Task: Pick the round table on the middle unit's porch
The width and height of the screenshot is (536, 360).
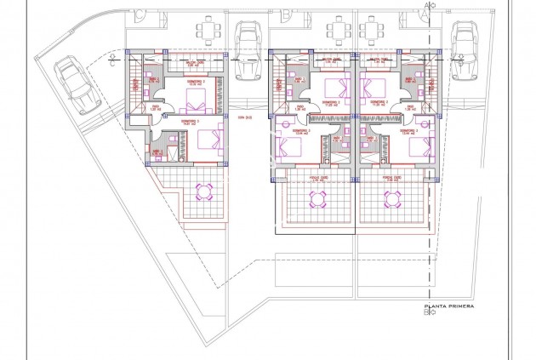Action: pos(317,199)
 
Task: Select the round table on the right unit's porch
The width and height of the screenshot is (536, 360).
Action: pos(393,199)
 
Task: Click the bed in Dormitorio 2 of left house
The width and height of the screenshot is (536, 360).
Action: pos(197,106)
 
